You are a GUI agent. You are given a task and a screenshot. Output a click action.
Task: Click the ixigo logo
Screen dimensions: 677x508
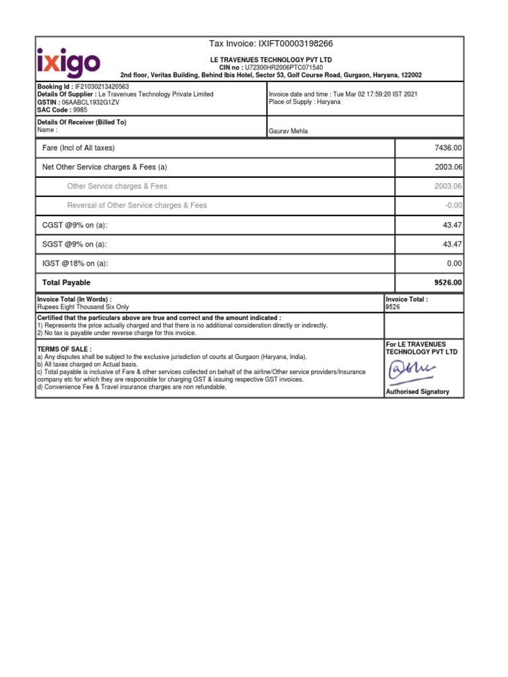(x=68, y=62)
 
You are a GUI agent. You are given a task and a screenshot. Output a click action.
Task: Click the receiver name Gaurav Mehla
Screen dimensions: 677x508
(x=288, y=131)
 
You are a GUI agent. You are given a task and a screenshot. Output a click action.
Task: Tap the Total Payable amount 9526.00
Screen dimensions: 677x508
(x=448, y=282)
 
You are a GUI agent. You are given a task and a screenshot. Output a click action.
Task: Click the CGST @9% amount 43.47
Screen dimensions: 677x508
(x=452, y=225)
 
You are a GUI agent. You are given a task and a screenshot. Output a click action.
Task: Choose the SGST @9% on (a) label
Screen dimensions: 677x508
(x=74, y=245)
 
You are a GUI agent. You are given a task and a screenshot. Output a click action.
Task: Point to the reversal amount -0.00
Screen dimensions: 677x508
(x=454, y=206)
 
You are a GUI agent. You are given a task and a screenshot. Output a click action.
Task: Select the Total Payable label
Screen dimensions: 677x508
(x=66, y=283)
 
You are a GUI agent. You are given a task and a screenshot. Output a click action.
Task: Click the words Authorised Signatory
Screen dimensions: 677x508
(x=417, y=392)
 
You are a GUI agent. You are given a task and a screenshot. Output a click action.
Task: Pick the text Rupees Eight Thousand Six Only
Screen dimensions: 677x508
(x=83, y=307)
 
